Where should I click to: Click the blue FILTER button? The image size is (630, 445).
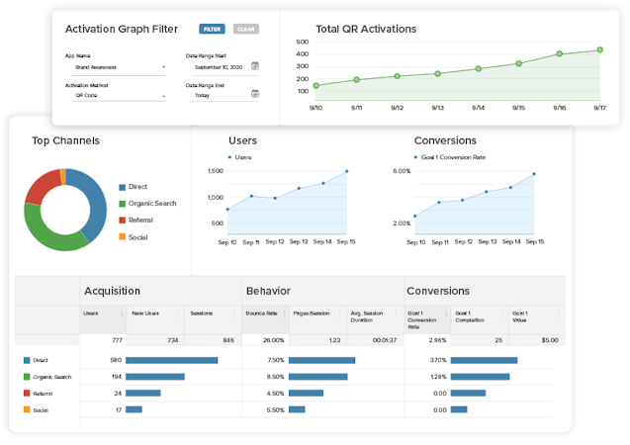pyautogui.click(x=212, y=30)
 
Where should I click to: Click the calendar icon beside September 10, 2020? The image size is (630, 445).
pyautogui.click(x=254, y=66)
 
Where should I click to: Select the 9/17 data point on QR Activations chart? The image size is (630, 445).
pyautogui.click(x=599, y=49)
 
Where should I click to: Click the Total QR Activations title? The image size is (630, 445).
pyautogui.click(x=366, y=29)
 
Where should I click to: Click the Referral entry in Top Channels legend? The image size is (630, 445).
pyautogui.click(x=139, y=220)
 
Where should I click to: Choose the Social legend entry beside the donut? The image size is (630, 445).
pyautogui.click(x=136, y=236)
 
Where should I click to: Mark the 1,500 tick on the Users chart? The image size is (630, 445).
pyautogui.click(x=216, y=171)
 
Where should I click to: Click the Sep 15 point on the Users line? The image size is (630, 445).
pyautogui.click(x=347, y=171)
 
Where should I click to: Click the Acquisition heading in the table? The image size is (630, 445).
pyautogui.click(x=112, y=291)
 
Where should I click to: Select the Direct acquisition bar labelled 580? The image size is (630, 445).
pyautogui.click(x=172, y=360)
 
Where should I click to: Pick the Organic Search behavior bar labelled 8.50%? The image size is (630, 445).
pyautogui.click(x=320, y=377)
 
